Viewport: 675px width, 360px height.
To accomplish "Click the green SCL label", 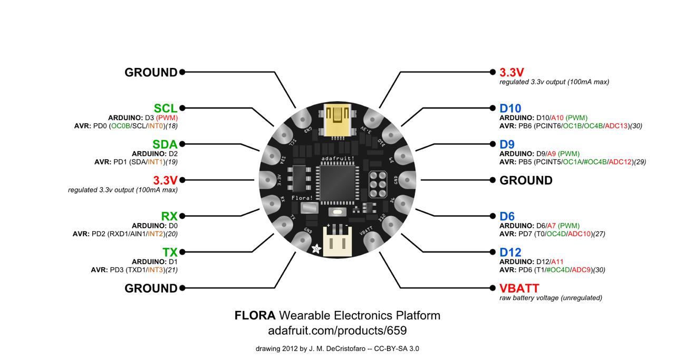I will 166,109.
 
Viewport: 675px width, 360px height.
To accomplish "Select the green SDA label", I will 165,144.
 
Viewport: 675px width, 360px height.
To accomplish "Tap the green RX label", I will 169,216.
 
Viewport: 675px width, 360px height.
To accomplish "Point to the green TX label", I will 170,252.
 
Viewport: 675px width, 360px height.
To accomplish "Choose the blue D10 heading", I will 510,109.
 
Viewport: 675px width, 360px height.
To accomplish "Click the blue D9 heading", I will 507,144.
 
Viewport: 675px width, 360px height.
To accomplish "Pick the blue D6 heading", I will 507,216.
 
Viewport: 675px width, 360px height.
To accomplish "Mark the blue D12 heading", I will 510,252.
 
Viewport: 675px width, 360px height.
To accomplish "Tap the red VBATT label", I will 519,288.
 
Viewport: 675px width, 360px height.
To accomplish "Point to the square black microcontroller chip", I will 336,182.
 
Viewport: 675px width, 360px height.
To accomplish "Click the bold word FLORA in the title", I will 255,316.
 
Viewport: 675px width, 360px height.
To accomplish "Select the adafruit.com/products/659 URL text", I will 337,331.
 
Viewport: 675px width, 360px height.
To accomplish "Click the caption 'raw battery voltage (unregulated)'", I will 551,298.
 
